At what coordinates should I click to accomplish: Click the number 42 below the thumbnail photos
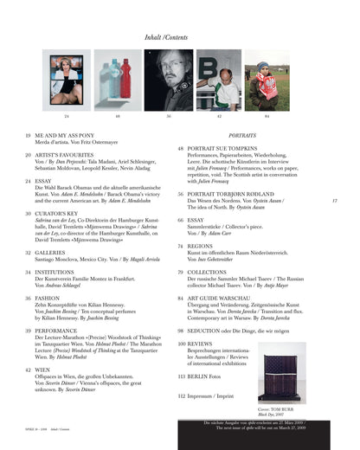coord(219,115)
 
